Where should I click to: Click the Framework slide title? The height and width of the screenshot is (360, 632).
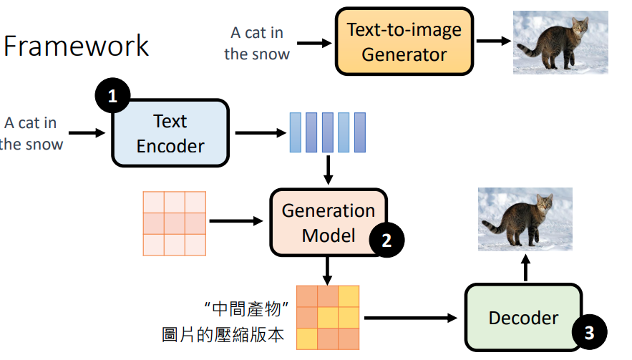pyautogui.click(x=77, y=46)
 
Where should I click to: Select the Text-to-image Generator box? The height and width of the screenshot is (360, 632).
pyautogui.click(x=404, y=42)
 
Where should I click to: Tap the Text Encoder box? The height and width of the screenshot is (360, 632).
pyautogui.click(x=170, y=133)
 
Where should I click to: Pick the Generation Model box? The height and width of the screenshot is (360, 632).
pyautogui.click(x=328, y=222)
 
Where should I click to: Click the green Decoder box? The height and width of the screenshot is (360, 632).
pyautogui.click(x=523, y=318)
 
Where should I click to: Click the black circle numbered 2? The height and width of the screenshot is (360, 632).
pyautogui.click(x=387, y=240)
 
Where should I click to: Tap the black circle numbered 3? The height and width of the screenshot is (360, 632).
pyautogui.click(x=589, y=332)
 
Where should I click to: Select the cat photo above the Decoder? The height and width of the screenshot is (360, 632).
pyautogui.click(x=525, y=220)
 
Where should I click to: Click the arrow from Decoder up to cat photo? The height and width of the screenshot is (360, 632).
pyautogui.click(x=525, y=270)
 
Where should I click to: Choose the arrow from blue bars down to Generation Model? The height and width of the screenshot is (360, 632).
pyautogui.click(x=328, y=170)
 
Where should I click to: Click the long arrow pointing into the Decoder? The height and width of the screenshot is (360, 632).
pyautogui.click(x=412, y=317)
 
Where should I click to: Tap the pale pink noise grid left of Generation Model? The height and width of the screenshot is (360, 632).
pyautogui.click(x=175, y=223)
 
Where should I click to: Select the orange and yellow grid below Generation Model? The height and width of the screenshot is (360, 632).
pyautogui.click(x=328, y=317)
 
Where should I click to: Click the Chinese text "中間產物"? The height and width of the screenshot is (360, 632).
pyautogui.click(x=245, y=309)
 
